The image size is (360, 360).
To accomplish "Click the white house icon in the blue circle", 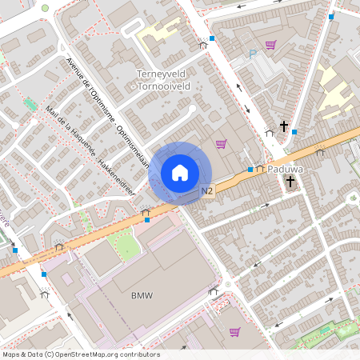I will click(180, 173).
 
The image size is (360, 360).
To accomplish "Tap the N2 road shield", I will click(207, 190).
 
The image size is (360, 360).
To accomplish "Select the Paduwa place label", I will click(285, 170).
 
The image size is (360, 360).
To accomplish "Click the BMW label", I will click(141, 295).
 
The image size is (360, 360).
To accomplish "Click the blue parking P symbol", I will click(253, 55).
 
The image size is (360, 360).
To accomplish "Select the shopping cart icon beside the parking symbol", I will click(271, 45).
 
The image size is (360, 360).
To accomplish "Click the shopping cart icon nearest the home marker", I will click(221, 144).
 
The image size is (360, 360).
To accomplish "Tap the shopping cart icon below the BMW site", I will click(234, 331).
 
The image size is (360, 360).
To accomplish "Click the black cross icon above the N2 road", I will click(284, 126).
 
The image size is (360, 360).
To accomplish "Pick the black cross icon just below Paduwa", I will click(290, 182).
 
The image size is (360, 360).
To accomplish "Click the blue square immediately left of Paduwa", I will click(250, 170).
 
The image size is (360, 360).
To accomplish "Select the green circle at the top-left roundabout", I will click(45, 8).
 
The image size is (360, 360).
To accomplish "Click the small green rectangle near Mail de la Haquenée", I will click(30, 105).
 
